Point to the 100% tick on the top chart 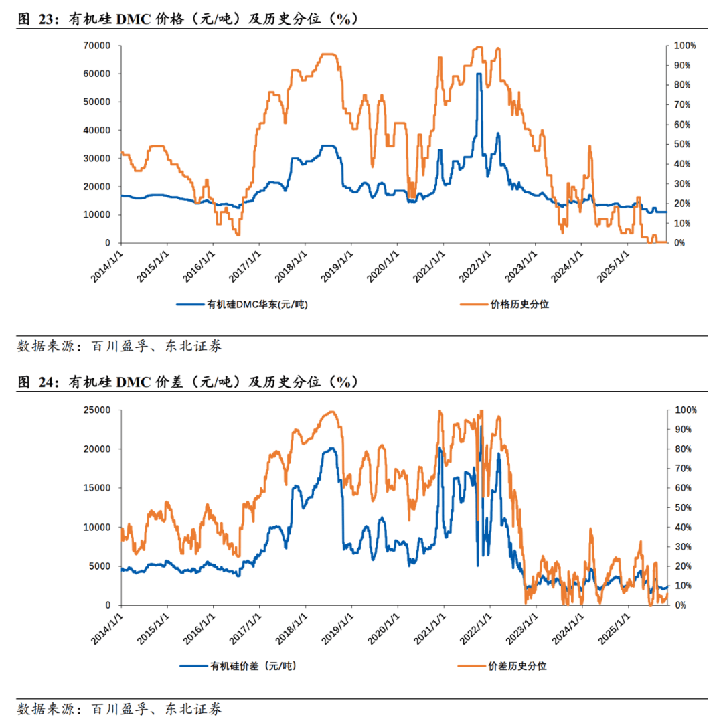pos(685,46)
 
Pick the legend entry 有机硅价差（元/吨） pos(244,666)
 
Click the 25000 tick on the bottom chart pos(98,410)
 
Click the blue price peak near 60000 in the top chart pos(479,74)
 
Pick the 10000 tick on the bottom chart pos(98,527)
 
